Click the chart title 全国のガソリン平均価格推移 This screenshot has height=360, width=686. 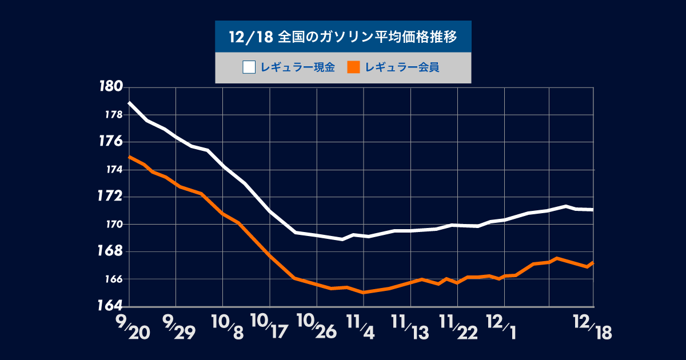click(x=366, y=37)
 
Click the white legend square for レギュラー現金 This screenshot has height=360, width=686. click(x=249, y=67)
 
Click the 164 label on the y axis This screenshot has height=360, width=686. click(x=110, y=306)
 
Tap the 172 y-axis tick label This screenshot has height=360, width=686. click(x=110, y=197)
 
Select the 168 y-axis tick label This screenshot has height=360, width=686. click(x=110, y=251)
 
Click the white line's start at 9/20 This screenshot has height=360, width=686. click(x=129, y=103)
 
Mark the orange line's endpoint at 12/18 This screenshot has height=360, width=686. click(x=593, y=262)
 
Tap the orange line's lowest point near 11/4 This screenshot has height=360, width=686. click(x=363, y=292)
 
